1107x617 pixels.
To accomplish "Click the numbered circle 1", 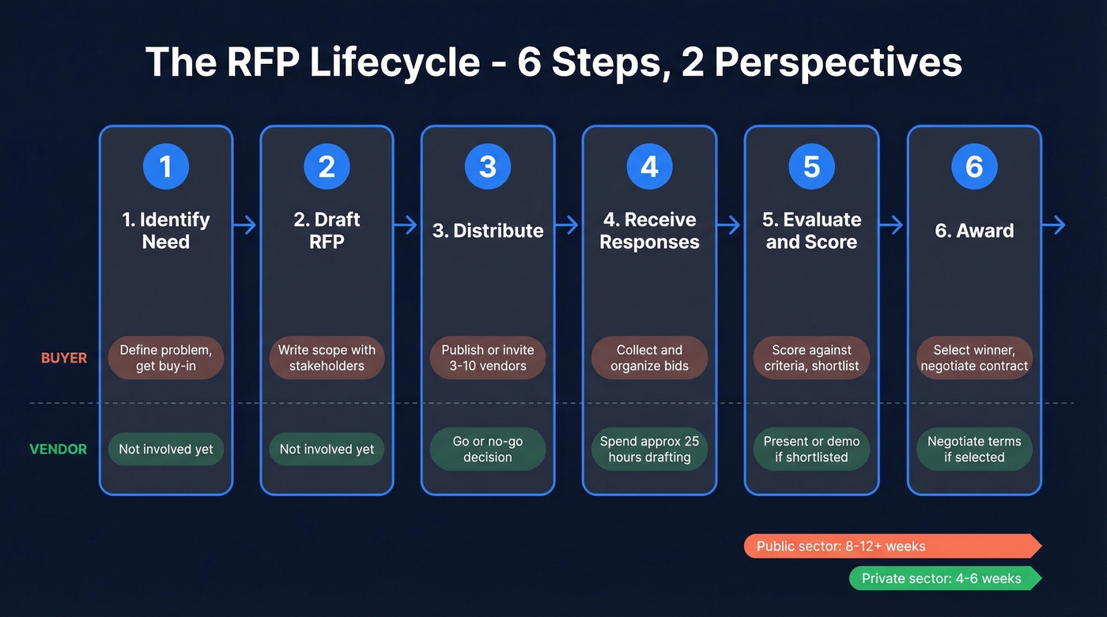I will pyautogui.click(x=165, y=167).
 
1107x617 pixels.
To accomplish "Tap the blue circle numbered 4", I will pyautogui.click(x=649, y=167).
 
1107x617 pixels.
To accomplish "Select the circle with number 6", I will pyautogui.click(x=974, y=167).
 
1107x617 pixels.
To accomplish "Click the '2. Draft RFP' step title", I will pyautogui.click(x=327, y=230).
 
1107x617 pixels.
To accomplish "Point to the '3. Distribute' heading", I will pyautogui.click(x=488, y=231).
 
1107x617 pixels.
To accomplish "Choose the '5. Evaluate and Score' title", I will pyautogui.click(x=811, y=230).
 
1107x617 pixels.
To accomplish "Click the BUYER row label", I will pyautogui.click(x=64, y=358).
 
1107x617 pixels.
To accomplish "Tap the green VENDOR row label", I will pyautogui.click(x=58, y=449).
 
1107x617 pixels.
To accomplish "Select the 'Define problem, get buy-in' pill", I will pyautogui.click(x=166, y=358).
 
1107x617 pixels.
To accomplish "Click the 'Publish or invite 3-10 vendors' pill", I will pyautogui.click(x=488, y=358).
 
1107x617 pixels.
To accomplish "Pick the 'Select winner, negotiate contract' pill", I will pyautogui.click(x=974, y=358).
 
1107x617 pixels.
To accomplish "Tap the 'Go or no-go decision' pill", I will pyautogui.click(x=488, y=449).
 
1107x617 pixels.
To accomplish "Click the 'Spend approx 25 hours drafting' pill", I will pyautogui.click(x=649, y=449).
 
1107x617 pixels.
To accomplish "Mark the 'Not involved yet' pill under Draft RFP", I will pyautogui.click(x=327, y=449).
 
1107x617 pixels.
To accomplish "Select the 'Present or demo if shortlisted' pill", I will pyautogui.click(x=811, y=449).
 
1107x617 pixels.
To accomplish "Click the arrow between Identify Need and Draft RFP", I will pyautogui.click(x=246, y=225).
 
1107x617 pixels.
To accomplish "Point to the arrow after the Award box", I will pyautogui.click(x=1054, y=225).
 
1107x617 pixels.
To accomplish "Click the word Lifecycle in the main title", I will pyautogui.click(x=394, y=62).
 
